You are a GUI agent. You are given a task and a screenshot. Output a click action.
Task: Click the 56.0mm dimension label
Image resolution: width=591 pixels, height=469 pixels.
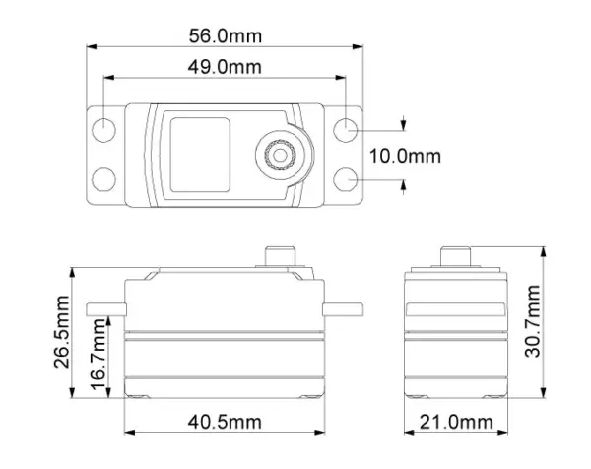click(x=225, y=35)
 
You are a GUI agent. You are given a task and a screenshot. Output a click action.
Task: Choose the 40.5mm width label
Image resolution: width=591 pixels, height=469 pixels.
click(x=226, y=423)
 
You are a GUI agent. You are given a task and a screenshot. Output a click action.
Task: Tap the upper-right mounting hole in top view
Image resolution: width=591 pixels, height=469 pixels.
click(x=344, y=130)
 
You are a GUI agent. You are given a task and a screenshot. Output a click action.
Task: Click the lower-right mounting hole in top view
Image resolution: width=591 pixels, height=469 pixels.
click(x=344, y=177)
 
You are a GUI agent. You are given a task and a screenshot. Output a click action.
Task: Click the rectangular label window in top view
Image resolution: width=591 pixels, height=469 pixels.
click(x=200, y=153)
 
